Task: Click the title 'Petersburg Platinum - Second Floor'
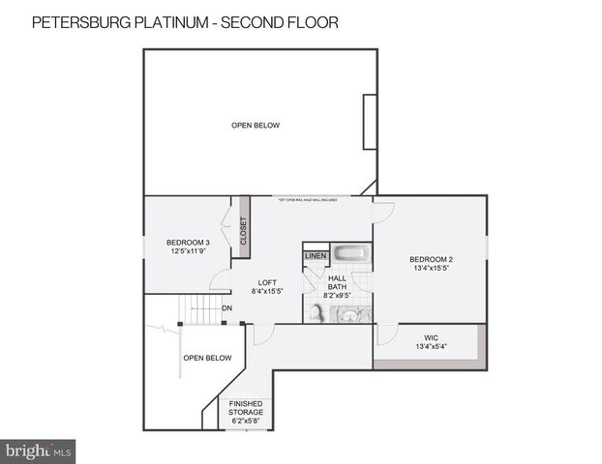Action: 185,22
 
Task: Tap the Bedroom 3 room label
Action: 188,242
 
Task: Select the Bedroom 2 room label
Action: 431,259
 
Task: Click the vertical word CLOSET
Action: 244,228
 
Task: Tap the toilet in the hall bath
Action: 317,312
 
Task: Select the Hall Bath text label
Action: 337,281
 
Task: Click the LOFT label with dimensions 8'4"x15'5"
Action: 267,282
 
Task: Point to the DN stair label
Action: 226,308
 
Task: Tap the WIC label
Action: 432,338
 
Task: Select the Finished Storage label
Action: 246,407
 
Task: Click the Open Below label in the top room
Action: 256,125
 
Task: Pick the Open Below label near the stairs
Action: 208,358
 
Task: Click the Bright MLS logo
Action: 39,450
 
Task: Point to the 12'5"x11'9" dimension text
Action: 188,251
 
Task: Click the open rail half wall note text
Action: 307,200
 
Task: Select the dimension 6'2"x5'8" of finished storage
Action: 246,421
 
